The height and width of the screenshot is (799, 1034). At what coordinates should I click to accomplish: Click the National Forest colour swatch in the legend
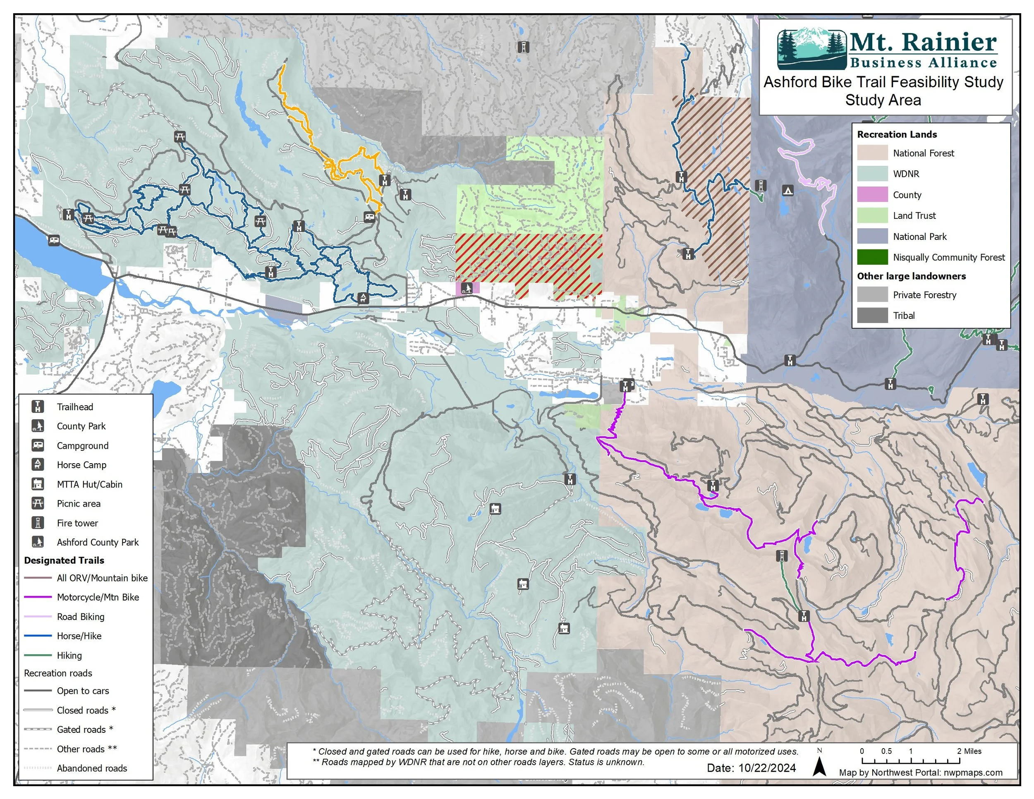[872, 153]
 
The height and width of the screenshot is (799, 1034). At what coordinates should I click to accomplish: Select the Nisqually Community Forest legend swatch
[872, 257]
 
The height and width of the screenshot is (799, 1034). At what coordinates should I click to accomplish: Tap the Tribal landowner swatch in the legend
[872, 315]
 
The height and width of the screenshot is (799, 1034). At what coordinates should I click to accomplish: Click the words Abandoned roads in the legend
[92, 768]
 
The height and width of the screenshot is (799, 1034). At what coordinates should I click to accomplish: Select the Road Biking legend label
[81, 617]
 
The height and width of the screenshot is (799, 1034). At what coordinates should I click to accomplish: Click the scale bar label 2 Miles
[969, 751]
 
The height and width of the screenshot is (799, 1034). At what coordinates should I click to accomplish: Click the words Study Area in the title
[883, 100]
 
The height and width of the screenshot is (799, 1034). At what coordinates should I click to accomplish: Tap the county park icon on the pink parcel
[467, 287]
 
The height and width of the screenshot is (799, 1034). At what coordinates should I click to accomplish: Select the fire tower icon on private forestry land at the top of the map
[523, 47]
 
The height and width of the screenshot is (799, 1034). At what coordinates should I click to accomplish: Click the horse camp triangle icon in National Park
[787, 190]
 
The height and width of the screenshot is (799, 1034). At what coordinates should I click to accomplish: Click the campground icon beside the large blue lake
[54, 240]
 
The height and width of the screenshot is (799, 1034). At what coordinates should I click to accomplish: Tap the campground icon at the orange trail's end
[369, 217]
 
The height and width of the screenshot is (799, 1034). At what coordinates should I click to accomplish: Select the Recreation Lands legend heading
[897, 134]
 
